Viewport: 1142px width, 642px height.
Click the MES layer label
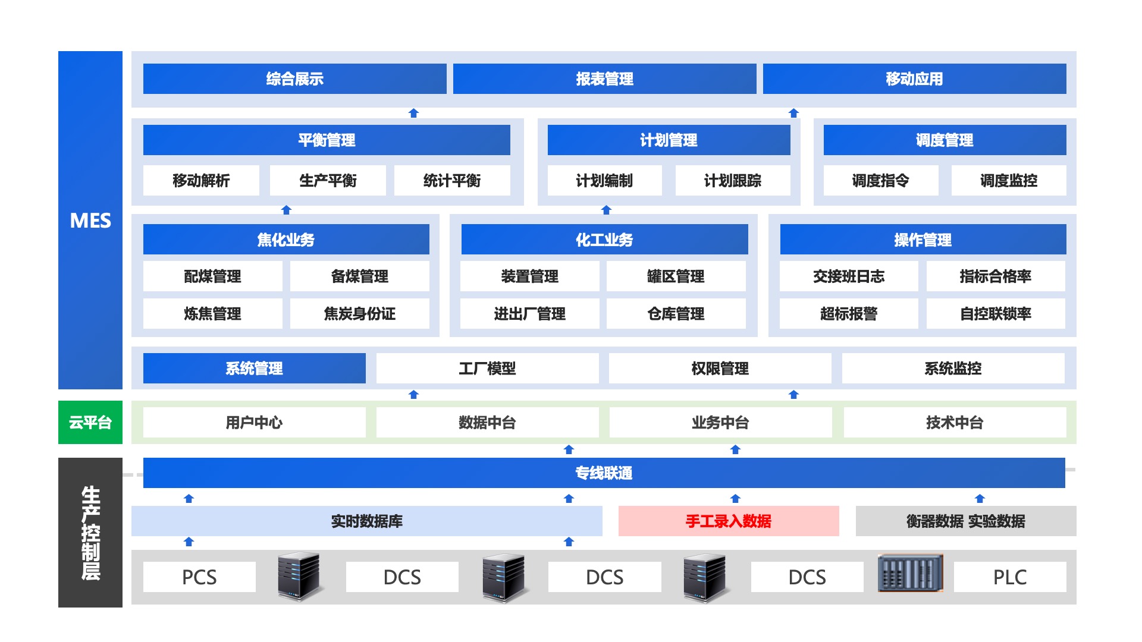pos(90,221)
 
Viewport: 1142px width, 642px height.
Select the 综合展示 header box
pos(294,78)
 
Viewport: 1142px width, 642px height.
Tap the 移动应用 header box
pos(914,78)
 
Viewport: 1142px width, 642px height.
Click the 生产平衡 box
pos(328,180)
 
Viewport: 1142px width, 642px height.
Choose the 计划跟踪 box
pos(732,180)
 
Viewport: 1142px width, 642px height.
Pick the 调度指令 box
pos(880,180)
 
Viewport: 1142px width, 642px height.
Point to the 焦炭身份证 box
pos(359,313)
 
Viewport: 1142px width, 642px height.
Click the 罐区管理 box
pos(676,276)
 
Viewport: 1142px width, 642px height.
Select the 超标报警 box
pos(848,313)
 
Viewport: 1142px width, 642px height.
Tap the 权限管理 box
pos(720,368)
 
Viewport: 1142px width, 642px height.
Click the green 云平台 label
pos(90,422)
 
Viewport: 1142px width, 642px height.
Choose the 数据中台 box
pos(487,422)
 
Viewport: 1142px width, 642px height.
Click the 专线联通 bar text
pos(604,473)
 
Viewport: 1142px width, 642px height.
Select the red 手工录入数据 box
pos(729,521)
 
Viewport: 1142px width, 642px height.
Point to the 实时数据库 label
pos(366,521)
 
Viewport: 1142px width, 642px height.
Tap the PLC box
pos(1009,577)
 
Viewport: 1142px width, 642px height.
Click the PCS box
pos(199,577)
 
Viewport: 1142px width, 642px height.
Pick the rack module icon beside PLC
pos(910,573)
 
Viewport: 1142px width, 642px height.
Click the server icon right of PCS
pos(299,575)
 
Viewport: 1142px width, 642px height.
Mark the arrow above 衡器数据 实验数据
pos(980,498)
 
